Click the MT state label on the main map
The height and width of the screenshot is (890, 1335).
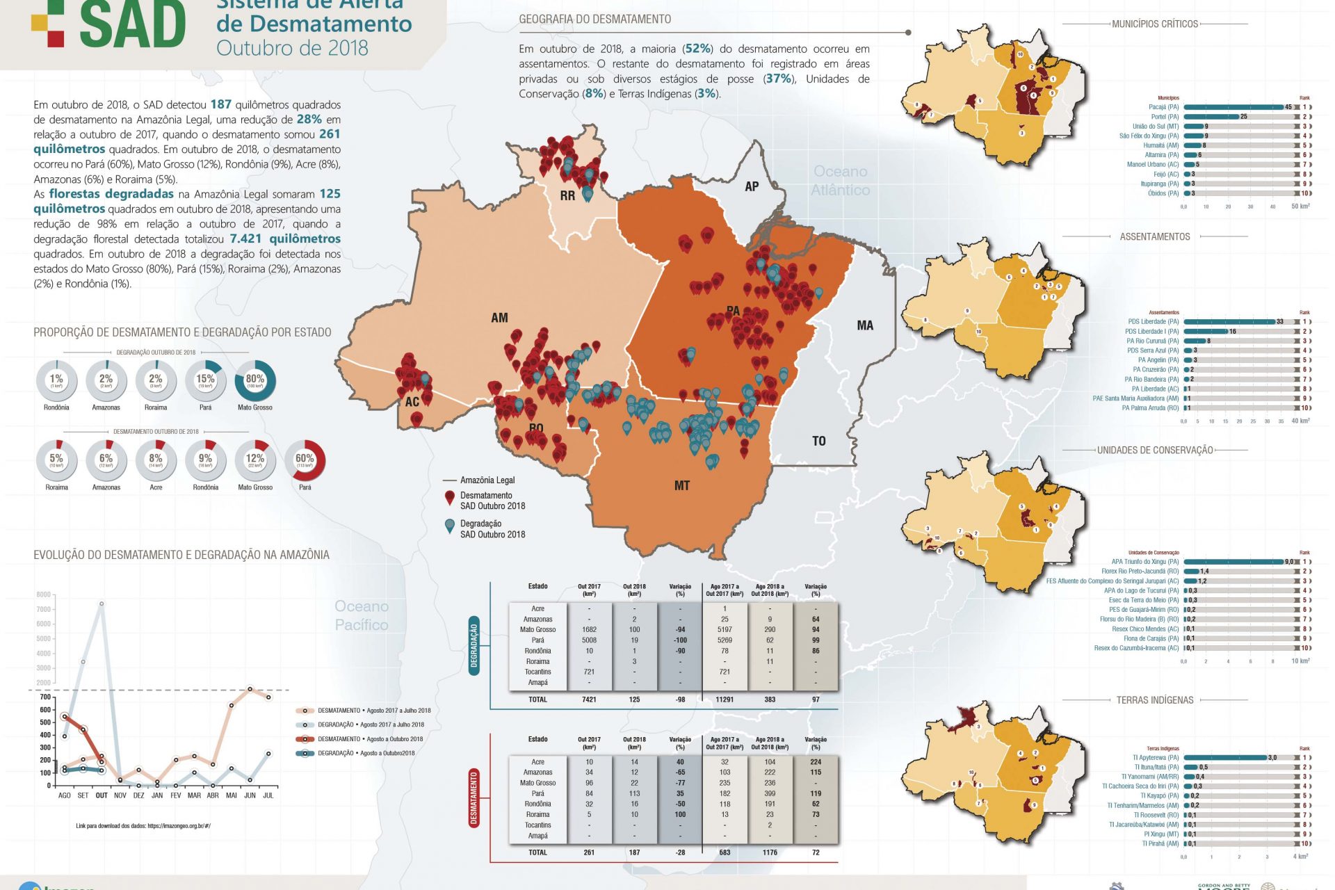tap(681, 485)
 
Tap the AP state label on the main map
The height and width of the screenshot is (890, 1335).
tap(752, 186)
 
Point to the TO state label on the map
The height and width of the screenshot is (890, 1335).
tap(819, 441)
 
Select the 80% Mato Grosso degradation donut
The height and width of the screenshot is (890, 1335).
tap(255, 380)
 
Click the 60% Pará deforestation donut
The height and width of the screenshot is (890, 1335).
tap(305, 460)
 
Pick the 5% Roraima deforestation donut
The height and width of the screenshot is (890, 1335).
tap(56, 460)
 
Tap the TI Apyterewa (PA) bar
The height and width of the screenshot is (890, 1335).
tap(1225, 758)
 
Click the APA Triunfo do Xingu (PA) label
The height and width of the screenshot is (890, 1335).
tap(1144, 562)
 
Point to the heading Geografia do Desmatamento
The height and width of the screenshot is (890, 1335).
tap(594, 19)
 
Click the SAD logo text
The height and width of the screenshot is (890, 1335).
tap(132, 25)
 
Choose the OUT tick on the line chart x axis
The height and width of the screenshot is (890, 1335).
tap(102, 795)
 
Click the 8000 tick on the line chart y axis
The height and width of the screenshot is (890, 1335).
tap(44, 594)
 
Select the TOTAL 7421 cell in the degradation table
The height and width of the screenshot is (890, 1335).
tap(589, 699)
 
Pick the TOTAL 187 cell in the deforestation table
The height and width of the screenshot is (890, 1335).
tap(634, 852)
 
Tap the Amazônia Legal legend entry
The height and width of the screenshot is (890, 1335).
tap(487, 480)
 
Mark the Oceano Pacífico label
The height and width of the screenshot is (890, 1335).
tap(362, 615)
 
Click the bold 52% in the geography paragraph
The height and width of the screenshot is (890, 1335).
tap(697, 49)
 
